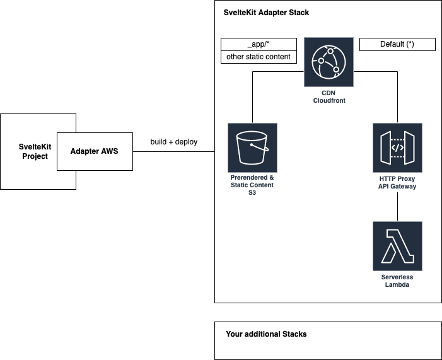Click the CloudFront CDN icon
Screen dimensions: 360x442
pos(329,62)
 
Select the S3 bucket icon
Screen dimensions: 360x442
pos(252,148)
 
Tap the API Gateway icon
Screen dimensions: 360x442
pos(397,148)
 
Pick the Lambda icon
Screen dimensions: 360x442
pos(397,246)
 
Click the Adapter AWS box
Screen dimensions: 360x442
pos(95,151)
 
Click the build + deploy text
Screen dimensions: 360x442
pos(173,142)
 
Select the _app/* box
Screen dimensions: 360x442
pos(259,44)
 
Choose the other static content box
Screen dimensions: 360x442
pos(259,57)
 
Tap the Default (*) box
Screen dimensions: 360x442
pos(397,44)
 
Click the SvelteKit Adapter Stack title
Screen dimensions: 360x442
pos(266,13)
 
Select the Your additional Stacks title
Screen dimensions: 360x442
pos(266,334)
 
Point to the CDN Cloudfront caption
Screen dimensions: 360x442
pos(329,96)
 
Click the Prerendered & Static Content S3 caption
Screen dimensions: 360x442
pos(252,185)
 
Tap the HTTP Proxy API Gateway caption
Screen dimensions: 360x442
pos(397,182)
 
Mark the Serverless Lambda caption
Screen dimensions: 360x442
pos(397,281)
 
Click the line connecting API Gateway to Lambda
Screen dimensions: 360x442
pos(397,206)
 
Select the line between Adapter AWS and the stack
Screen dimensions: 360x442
pos(173,151)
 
